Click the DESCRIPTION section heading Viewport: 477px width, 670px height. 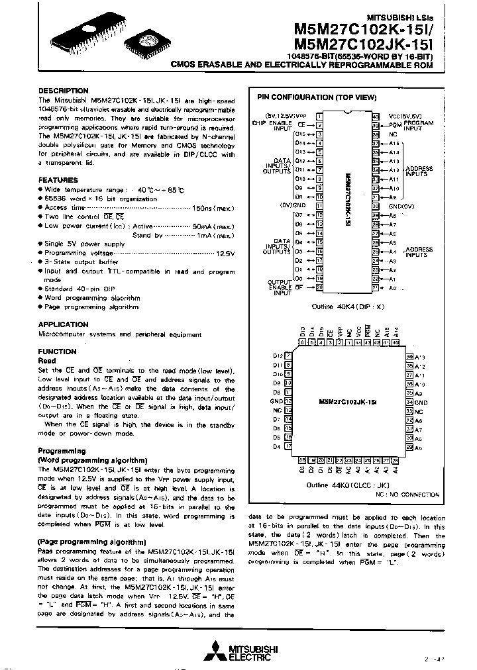(63, 91)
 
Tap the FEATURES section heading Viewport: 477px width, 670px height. (58, 180)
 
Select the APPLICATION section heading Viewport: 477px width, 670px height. (63, 324)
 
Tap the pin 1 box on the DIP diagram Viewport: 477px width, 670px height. (319, 116)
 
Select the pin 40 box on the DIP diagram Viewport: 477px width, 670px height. (376, 116)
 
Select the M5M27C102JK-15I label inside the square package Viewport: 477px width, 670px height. (346, 402)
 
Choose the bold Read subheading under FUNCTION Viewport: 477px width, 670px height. (47, 360)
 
